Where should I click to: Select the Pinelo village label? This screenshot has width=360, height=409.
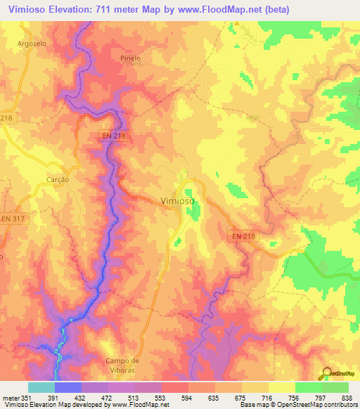point(130,58)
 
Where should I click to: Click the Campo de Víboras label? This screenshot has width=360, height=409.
point(123,365)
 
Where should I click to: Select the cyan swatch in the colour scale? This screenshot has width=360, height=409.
point(41,387)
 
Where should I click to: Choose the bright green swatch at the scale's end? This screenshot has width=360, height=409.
point(335,387)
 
